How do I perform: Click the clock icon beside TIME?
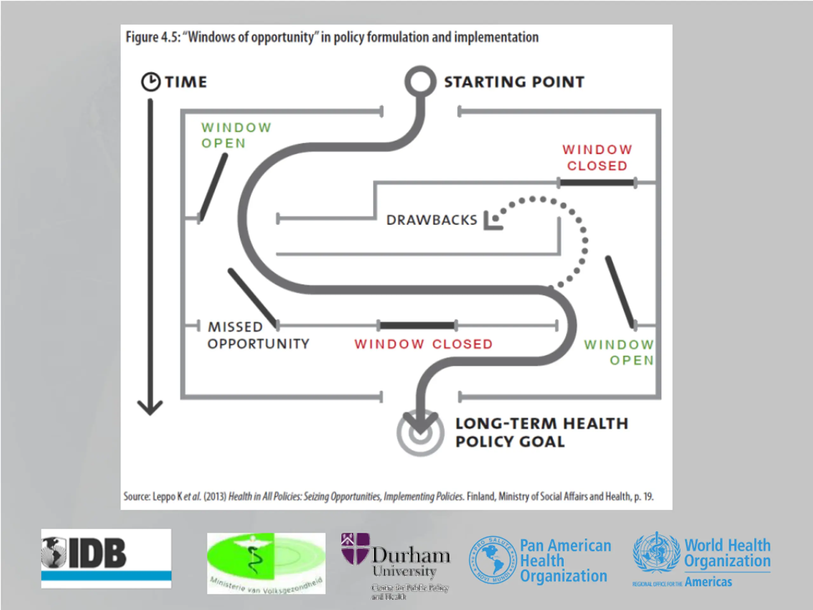(x=151, y=82)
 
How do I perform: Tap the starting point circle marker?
(x=420, y=82)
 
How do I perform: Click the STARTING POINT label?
(x=514, y=82)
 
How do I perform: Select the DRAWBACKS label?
(x=432, y=220)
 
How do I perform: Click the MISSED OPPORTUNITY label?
(x=258, y=335)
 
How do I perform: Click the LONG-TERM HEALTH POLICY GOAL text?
(x=541, y=432)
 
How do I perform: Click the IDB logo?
(x=106, y=558)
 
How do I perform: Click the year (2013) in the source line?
(x=215, y=496)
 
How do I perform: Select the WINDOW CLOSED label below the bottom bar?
(x=423, y=344)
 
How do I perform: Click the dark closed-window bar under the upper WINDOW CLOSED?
(x=597, y=182)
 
